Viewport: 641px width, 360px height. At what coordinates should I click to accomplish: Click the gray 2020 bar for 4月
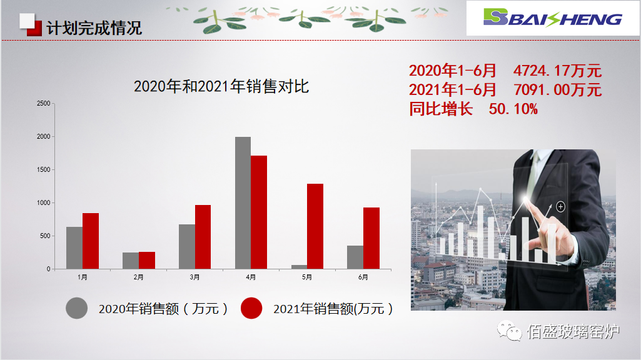click(x=243, y=202)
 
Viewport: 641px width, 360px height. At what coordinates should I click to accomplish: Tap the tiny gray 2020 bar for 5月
click(x=299, y=267)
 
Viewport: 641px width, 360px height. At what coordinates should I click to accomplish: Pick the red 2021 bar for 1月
click(x=91, y=241)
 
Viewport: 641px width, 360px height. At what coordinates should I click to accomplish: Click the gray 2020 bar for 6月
click(x=355, y=257)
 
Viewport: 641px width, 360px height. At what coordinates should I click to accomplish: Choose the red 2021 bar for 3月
click(x=203, y=237)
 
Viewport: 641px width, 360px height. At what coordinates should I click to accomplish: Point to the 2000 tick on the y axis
click(x=43, y=136)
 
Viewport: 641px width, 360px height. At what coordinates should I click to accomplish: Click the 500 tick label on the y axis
click(x=44, y=236)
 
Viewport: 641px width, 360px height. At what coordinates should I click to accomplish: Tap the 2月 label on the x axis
click(x=138, y=277)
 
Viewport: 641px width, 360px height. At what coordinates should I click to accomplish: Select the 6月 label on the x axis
click(x=363, y=277)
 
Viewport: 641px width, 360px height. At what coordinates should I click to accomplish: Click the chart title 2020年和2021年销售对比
click(x=221, y=86)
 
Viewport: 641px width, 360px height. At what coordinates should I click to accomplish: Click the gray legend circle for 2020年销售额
click(x=77, y=308)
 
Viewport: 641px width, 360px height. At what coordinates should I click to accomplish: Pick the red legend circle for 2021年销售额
click(x=251, y=308)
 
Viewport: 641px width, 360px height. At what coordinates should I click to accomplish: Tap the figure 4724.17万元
click(x=557, y=71)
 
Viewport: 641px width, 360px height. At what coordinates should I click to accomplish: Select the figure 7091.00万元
click(x=557, y=90)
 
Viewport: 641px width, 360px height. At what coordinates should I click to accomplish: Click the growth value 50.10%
click(x=513, y=109)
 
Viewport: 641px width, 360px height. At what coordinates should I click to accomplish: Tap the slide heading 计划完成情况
click(x=94, y=27)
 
